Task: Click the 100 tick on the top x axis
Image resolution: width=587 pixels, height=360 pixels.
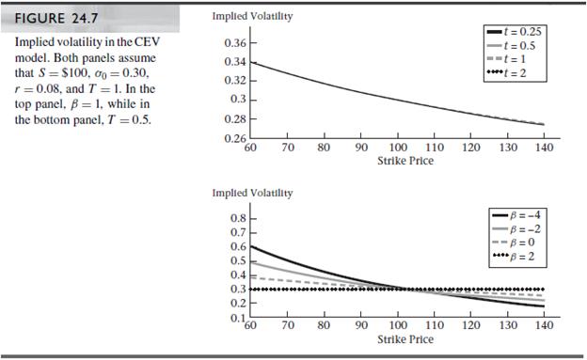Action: [396, 149]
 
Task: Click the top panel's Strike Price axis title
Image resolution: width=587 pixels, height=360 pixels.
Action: [396, 161]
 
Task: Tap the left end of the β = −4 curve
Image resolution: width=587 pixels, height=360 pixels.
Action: [251, 246]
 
